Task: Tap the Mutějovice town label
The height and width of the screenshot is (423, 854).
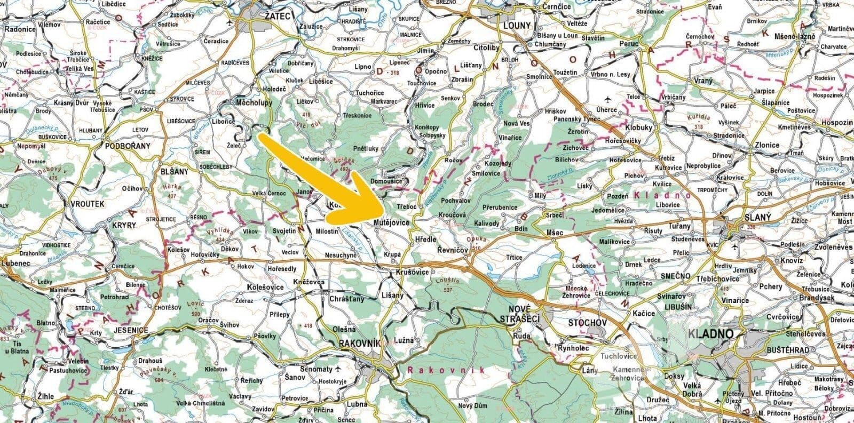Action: (x=391, y=222)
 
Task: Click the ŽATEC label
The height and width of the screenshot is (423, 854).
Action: (x=278, y=17)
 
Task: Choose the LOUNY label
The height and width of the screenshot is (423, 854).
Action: (x=517, y=25)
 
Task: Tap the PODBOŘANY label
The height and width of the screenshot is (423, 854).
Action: (x=128, y=145)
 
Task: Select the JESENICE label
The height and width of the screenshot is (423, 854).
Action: (x=131, y=330)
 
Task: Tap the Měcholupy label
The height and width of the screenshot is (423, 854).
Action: (x=254, y=102)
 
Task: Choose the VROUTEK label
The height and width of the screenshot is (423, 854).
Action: (x=87, y=204)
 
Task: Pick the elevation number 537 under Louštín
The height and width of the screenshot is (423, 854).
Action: (x=449, y=290)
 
